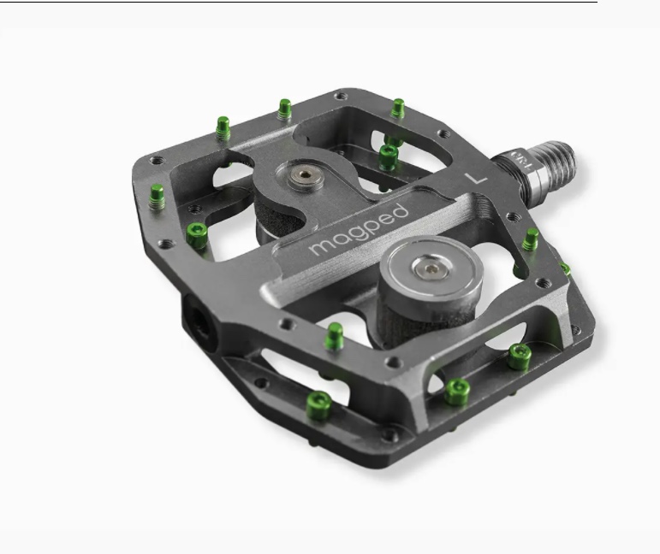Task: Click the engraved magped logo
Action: click(x=359, y=228)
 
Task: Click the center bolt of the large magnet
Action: click(x=428, y=270)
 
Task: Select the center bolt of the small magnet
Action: click(x=300, y=177)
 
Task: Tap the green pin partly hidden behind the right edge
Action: click(x=566, y=268)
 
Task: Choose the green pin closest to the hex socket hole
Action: click(x=197, y=234)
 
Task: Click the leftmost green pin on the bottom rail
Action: click(x=320, y=401)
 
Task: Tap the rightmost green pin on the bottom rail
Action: click(x=518, y=356)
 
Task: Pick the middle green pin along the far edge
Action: click(x=285, y=109)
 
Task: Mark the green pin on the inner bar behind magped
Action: click(x=389, y=156)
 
